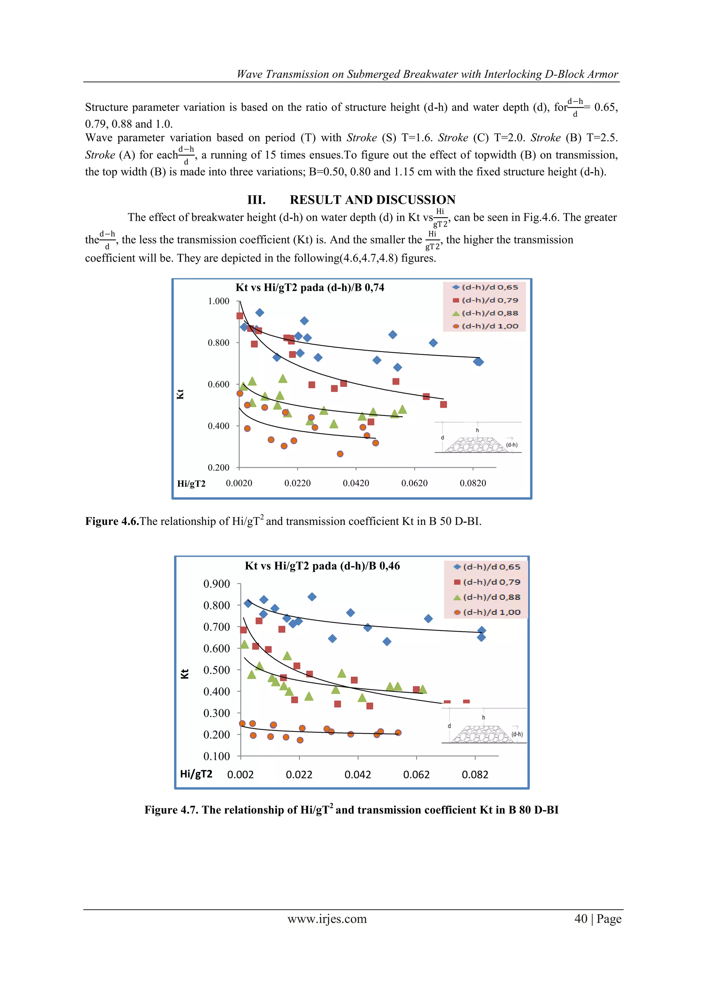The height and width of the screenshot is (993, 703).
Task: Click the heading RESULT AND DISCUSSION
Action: (x=372, y=200)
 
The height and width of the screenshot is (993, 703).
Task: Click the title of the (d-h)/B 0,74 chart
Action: (x=310, y=288)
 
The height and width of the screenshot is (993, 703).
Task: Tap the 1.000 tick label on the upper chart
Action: (x=219, y=301)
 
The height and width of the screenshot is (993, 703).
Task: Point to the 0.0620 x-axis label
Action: (x=414, y=483)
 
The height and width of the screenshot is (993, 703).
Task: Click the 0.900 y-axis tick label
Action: (x=217, y=584)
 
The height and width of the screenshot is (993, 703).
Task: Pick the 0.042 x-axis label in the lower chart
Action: (x=358, y=774)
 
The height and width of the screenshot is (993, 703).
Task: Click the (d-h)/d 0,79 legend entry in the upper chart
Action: (x=485, y=300)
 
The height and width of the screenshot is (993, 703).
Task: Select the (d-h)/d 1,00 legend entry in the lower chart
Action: (x=487, y=612)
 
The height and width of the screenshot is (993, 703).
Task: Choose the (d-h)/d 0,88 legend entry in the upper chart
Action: (x=485, y=313)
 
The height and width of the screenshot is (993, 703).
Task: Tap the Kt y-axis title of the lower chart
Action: (x=185, y=674)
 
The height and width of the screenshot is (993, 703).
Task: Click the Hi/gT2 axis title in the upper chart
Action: (x=191, y=483)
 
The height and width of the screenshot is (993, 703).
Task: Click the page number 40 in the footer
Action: (x=581, y=919)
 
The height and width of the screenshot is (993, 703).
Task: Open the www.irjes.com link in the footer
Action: (x=327, y=919)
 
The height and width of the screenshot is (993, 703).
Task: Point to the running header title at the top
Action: (x=427, y=74)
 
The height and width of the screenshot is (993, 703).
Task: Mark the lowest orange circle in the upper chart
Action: (x=340, y=454)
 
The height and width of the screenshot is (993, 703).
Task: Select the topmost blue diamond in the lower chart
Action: (x=312, y=597)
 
